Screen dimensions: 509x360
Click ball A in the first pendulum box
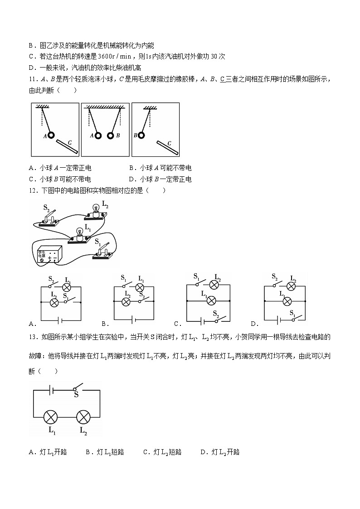52,135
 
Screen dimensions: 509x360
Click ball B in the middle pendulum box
111,135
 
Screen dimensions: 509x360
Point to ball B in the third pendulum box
142,135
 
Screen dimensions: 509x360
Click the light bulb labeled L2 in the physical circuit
96,210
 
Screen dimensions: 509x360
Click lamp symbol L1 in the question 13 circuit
50,417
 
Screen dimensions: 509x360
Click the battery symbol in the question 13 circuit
52,389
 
